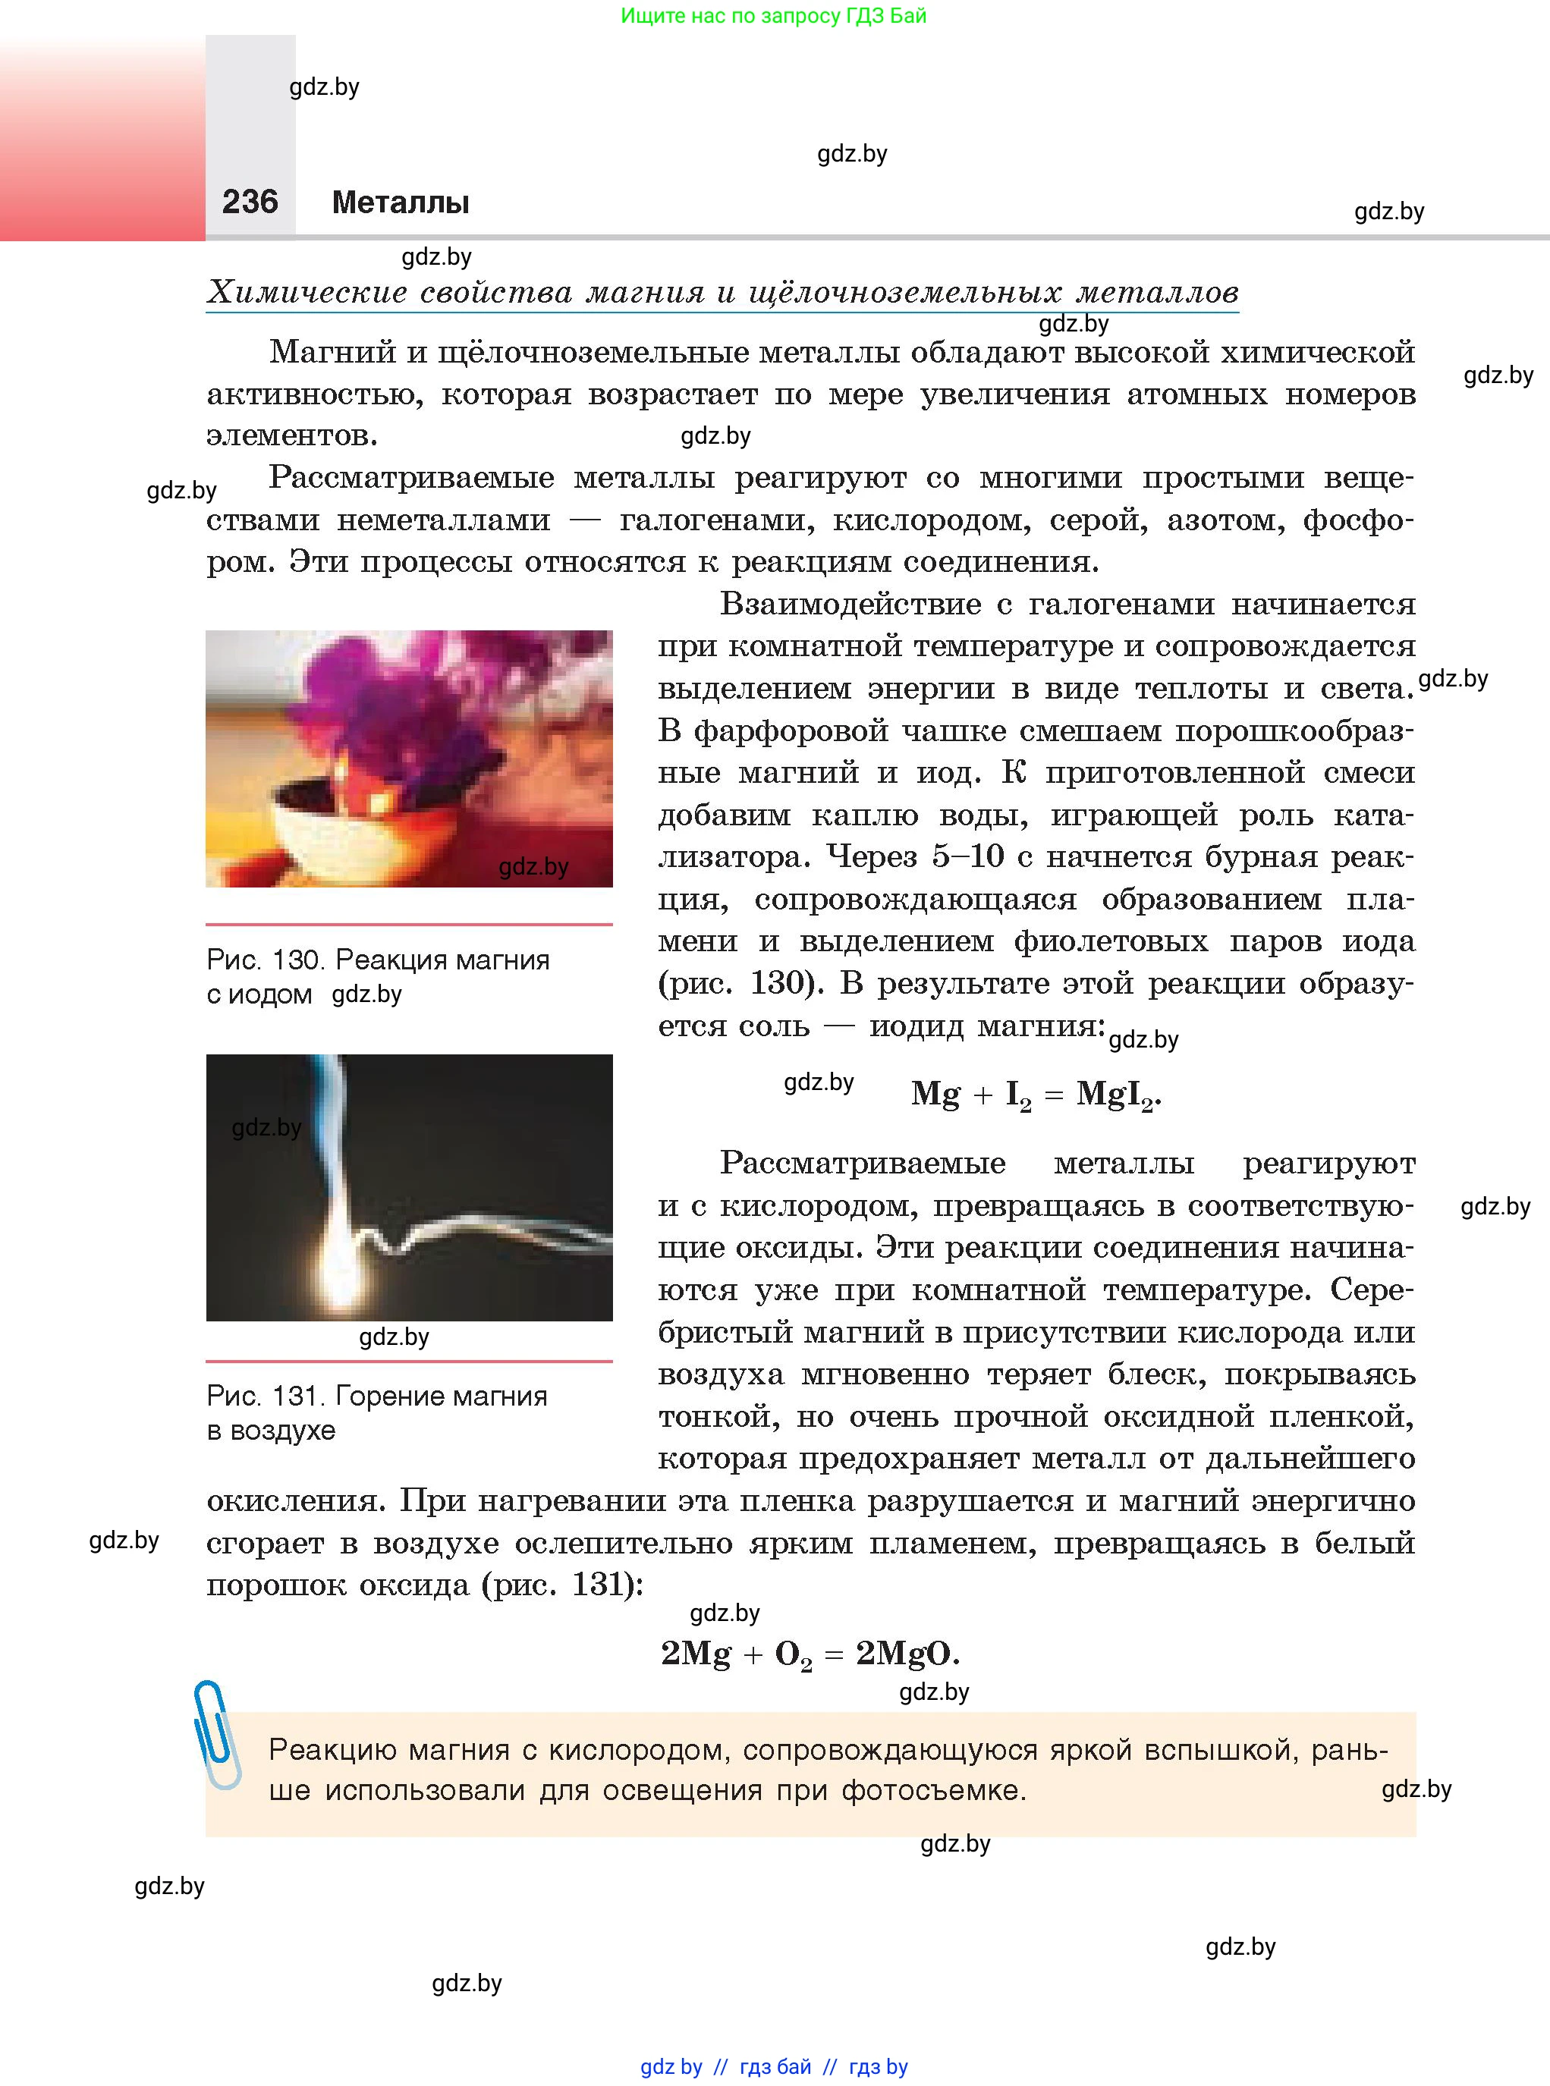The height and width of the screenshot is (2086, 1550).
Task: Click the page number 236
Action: click(250, 202)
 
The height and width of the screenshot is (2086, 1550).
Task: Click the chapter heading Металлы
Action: click(400, 203)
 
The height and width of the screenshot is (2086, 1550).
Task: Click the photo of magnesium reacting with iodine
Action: click(409, 758)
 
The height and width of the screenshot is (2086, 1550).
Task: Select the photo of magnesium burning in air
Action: click(409, 1186)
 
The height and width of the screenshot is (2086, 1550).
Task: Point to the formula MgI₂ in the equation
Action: click(1118, 1095)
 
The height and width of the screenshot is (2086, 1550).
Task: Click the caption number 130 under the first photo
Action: click(298, 960)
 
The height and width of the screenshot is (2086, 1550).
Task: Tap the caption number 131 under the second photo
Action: click(297, 1396)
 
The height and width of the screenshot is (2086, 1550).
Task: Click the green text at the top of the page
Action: click(773, 16)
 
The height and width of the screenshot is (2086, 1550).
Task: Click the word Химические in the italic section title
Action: click(307, 292)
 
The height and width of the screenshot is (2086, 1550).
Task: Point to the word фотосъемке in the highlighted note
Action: click(932, 1789)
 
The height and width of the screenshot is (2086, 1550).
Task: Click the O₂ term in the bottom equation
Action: click(793, 1654)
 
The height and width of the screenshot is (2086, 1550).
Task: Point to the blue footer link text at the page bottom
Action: click(774, 2066)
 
